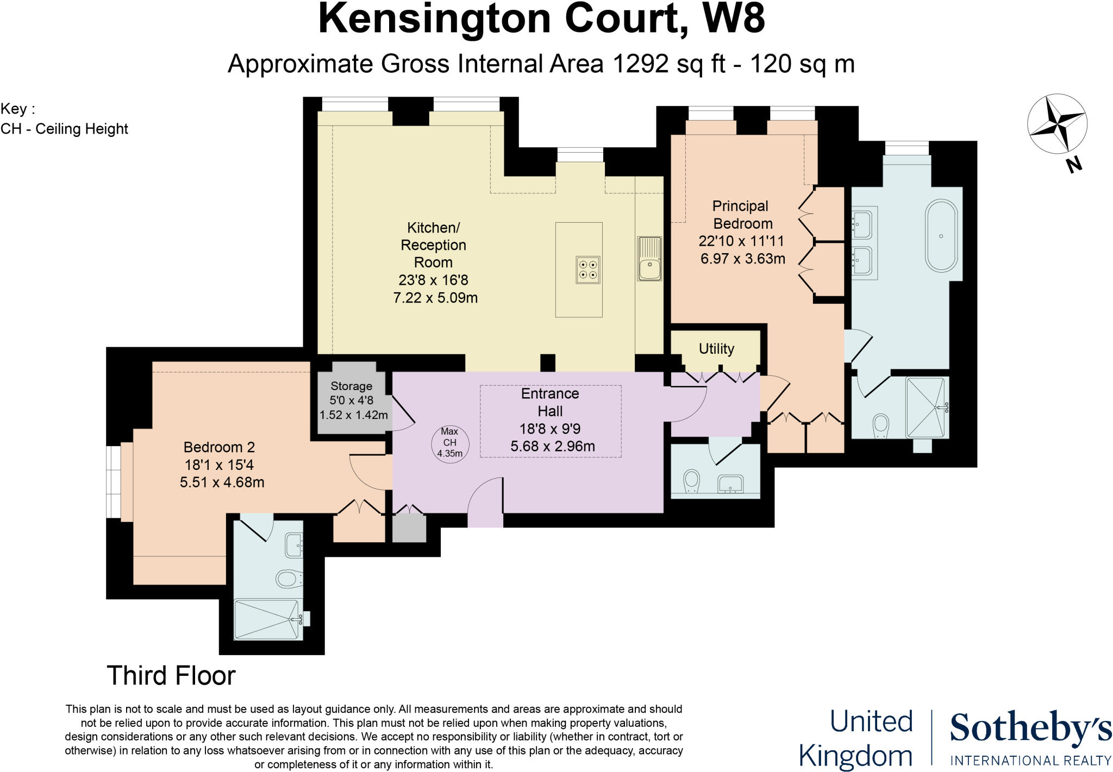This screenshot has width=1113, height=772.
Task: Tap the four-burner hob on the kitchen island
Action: pyautogui.click(x=588, y=269)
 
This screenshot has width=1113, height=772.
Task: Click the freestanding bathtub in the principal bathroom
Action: pyautogui.click(x=941, y=236)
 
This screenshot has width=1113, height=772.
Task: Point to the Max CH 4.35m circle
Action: pyautogui.click(x=449, y=443)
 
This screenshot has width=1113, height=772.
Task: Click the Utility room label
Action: pyautogui.click(x=716, y=349)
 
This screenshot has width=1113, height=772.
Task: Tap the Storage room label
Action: pyautogui.click(x=351, y=386)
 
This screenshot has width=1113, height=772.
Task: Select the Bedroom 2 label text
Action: pyautogui.click(x=219, y=447)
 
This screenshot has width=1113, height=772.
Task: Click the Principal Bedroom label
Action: pyautogui.click(x=741, y=215)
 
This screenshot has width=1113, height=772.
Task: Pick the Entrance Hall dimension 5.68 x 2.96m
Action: pyautogui.click(x=552, y=447)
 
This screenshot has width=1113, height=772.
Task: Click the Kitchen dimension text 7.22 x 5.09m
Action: pyautogui.click(x=435, y=298)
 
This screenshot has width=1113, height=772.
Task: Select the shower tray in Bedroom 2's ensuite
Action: pyautogui.click(x=267, y=619)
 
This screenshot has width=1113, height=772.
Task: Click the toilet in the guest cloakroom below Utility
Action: pyautogui.click(x=691, y=480)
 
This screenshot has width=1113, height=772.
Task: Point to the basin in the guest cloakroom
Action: pyautogui.click(x=730, y=483)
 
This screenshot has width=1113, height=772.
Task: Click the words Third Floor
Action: pyautogui.click(x=171, y=676)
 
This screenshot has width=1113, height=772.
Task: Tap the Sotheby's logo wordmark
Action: pyautogui.click(x=1030, y=728)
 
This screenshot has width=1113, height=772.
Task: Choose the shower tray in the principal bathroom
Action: pyautogui.click(x=927, y=407)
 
